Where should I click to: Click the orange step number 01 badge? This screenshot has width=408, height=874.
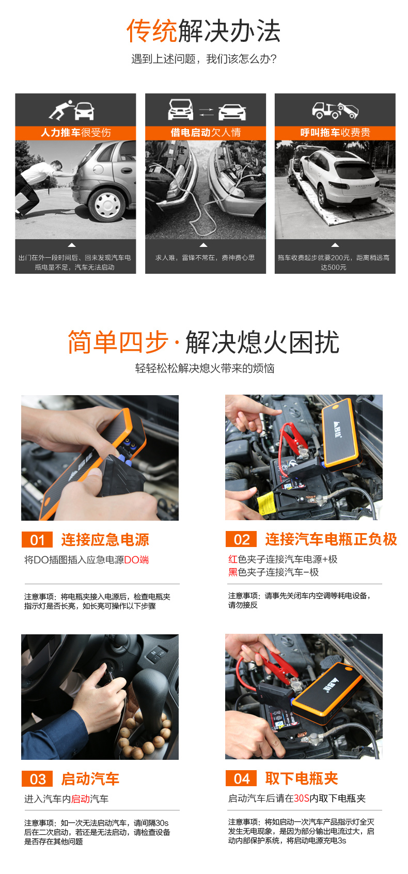[x=37, y=540]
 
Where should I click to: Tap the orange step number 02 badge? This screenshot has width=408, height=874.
[x=241, y=539]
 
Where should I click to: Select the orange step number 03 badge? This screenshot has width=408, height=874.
[x=37, y=779]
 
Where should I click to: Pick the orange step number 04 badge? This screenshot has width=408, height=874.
[x=241, y=778]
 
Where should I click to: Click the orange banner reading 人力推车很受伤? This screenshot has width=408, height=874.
[x=75, y=133]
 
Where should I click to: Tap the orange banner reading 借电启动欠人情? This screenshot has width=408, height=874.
[x=206, y=133]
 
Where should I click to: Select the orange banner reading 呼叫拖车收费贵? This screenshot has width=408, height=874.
[x=335, y=133]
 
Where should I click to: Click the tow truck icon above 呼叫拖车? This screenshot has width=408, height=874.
[x=335, y=110]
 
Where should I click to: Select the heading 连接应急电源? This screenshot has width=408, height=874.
[x=105, y=540]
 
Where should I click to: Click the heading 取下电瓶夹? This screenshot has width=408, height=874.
[x=302, y=778]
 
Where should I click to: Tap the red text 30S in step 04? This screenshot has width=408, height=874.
[x=302, y=799]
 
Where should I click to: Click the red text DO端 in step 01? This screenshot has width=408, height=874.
[x=136, y=560]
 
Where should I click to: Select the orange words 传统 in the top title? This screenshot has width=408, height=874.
[x=152, y=31]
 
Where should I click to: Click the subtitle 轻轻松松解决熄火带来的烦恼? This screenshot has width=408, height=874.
[x=205, y=368]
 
